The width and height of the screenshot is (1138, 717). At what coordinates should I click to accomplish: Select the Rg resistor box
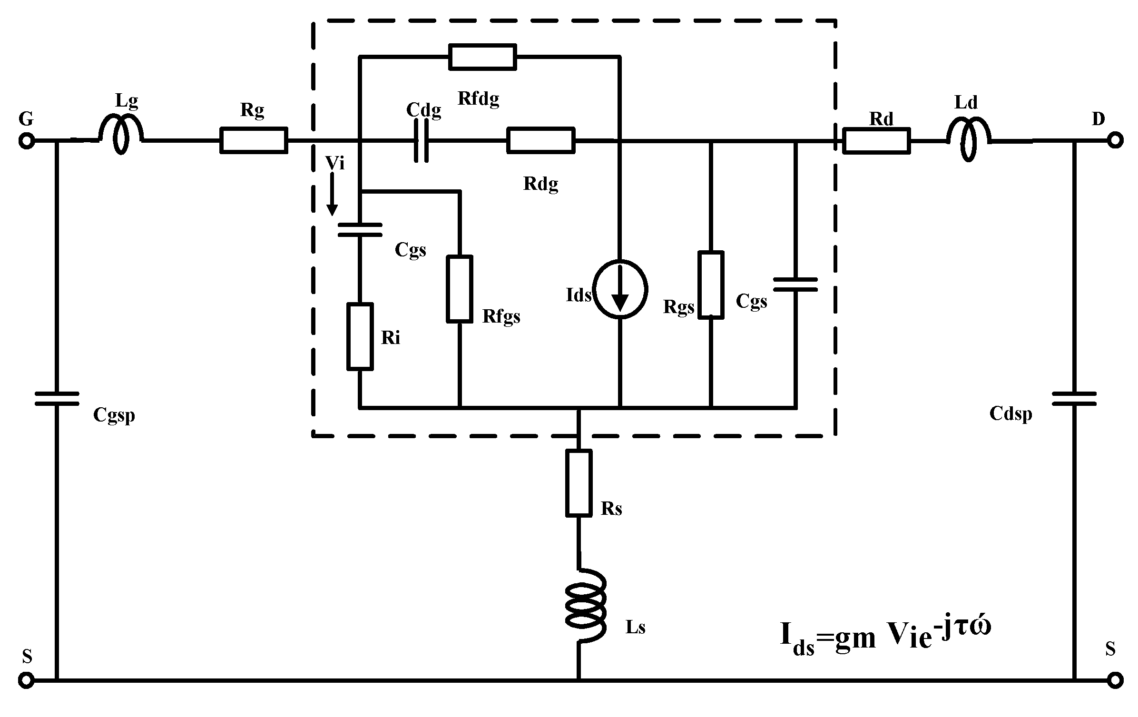click(x=254, y=140)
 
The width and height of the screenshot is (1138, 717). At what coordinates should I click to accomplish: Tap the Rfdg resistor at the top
click(x=482, y=57)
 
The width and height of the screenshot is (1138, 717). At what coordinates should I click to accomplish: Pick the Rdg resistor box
click(x=541, y=140)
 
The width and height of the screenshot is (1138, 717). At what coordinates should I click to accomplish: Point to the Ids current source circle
click(x=620, y=289)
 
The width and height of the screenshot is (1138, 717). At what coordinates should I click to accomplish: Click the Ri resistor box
click(x=360, y=336)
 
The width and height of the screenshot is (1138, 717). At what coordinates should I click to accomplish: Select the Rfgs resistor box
click(x=460, y=289)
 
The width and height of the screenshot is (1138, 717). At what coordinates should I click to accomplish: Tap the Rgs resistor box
click(x=711, y=285)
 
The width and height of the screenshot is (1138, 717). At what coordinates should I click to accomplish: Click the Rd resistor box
click(x=876, y=140)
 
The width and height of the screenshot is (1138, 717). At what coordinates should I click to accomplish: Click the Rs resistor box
click(x=579, y=483)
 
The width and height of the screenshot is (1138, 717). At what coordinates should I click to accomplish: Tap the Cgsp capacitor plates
click(x=57, y=399)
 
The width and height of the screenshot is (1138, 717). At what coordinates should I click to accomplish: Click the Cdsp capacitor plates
click(x=1074, y=399)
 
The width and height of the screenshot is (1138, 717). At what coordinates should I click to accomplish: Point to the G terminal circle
click(x=26, y=141)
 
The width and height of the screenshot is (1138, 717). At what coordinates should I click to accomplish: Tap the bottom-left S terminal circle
click(x=26, y=680)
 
